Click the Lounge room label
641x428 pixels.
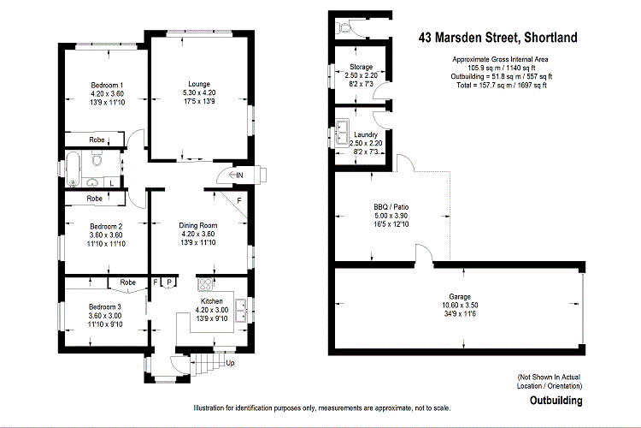click(x=199, y=84)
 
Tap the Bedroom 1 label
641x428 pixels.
click(x=107, y=85)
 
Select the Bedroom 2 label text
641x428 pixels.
click(x=107, y=226)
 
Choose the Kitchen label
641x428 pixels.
click(x=211, y=301)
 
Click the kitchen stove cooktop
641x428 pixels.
click(x=206, y=285)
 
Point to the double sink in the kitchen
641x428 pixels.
click(x=242, y=307)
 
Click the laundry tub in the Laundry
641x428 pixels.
click(x=341, y=134)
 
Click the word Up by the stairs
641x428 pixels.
click(x=229, y=363)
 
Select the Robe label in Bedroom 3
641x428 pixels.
click(x=127, y=282)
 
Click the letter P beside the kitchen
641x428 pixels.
click(x=169, y=282)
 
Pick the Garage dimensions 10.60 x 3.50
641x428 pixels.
click(x=460, y=306)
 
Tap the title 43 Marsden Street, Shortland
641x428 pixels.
click(x=497, y=37)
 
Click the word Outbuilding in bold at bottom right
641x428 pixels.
click(x=556, y=400)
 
